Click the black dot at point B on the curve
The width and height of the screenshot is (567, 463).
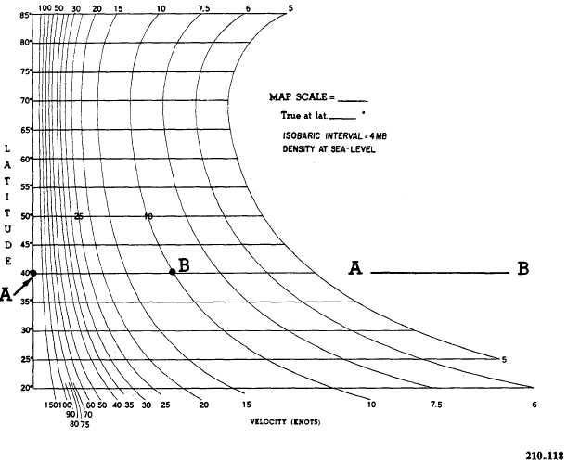coord(173,271)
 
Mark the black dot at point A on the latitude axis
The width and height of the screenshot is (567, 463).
coord(33,273)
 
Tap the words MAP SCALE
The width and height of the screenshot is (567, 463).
coord(300,96)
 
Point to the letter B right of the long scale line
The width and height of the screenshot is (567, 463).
coord(523,268)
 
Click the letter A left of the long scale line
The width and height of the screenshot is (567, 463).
coord(354,269)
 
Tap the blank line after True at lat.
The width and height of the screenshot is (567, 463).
coord(342,118)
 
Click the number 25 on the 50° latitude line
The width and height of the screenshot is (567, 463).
coord(79,216)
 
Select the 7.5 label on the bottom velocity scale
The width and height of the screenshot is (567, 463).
coord(436,404)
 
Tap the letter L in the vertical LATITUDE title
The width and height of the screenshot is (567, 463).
coord(8,148)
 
